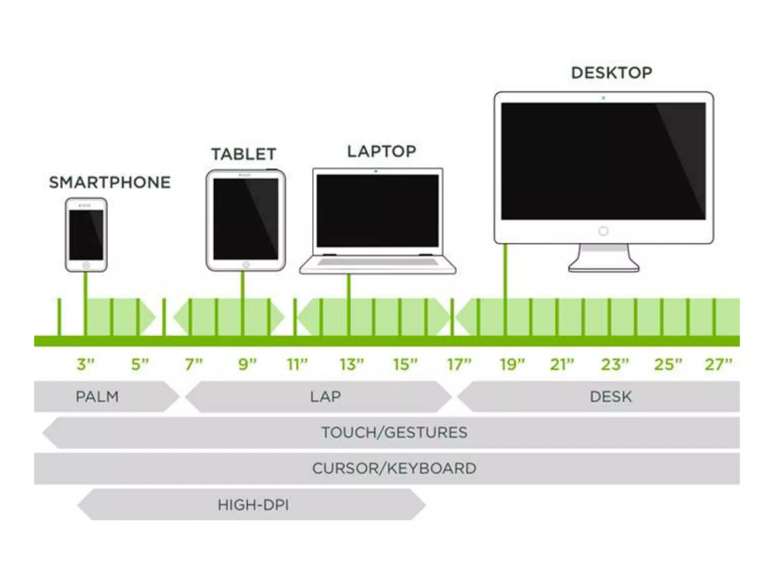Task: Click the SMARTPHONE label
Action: (x=110, y=182)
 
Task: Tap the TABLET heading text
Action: (x=243, y=154)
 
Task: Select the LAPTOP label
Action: (x=381, y=151)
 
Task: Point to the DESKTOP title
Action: (x=611, y=73)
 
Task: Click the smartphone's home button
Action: (x=86, y=265)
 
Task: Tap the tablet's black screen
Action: (x=246, y=219)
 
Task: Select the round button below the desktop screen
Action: (x=603, y=231)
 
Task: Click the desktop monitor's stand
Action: (x=604, y=259)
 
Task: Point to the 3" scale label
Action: (x=85, y=364)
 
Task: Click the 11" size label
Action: (x=297, y=364)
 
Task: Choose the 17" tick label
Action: (x=459, y=364)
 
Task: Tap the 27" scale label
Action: (x=718, y=364)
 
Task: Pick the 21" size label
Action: (x=562, y=364)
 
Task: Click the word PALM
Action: (x=97, y=396)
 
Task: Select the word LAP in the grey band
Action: (x=325, y=396)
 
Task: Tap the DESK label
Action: (x=610, y=396)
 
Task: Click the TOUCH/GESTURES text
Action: (x=394, y=432)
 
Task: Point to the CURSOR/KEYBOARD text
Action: (x=394, y=468)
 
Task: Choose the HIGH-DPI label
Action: (x=253, y=505)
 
